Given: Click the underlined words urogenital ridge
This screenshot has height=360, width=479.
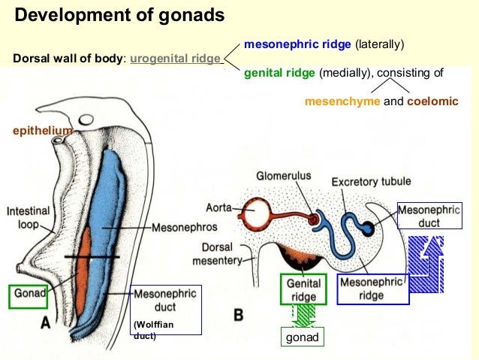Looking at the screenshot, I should (x=176, y=59).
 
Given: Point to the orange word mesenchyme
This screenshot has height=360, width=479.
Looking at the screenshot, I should (x=342, y=101).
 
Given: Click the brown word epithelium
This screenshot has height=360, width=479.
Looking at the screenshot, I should (x=43, y=130).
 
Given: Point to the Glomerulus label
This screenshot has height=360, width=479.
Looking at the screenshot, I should (x=282, y=176).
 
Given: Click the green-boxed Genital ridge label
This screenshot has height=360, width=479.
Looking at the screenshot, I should (x=303, y=289).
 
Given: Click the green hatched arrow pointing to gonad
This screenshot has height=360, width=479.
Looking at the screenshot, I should (x=303, y=316).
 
